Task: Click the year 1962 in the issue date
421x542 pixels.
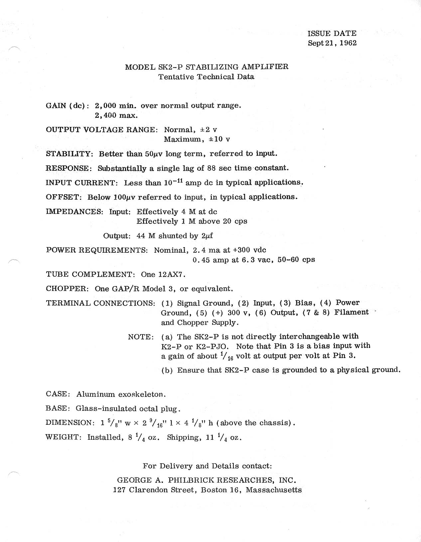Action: point(348,43)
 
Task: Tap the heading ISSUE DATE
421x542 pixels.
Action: point(332,34)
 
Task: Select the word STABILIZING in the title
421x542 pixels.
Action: point(211,67)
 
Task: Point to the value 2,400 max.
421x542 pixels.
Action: point(116,116)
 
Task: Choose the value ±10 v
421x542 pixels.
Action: point(219,139)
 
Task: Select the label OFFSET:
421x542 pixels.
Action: point(64,197)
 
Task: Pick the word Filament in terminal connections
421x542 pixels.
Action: point(351,312)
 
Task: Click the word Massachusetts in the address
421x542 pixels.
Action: point(274,490)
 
